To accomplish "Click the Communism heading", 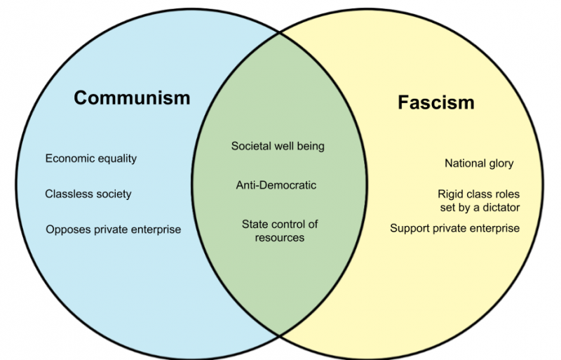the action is coord(132,98).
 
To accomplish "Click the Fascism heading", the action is coord(436,102).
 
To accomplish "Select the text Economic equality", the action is coord(91,159).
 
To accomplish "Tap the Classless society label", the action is coord(88,194).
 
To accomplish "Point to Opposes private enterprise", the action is coord(114,229).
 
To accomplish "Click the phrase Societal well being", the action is coord(278,146).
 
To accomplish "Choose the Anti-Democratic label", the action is coord(276,185).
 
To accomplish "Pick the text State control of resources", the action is coord(280,231).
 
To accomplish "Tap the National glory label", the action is coord(479,164).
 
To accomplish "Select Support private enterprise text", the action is coord(454,228).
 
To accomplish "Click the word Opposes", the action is coord(68,229).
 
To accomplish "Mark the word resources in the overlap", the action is coord(280,238).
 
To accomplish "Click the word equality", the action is coord(118,159).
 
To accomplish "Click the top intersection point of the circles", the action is coord(280,32).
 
